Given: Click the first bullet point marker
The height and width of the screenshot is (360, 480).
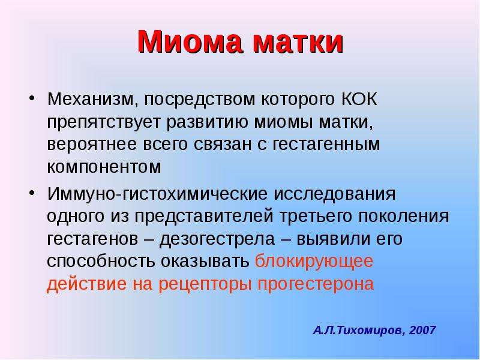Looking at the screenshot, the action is click(32, 98).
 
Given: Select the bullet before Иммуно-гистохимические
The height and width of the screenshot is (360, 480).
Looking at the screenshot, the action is click(32, 193).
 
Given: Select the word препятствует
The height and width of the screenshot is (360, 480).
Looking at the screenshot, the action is click(104, 122).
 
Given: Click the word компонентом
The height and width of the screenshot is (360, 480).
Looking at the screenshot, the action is click(104, 167).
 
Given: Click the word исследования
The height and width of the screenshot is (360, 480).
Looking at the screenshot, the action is click(334, 194).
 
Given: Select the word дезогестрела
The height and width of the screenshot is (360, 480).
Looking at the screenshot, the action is click(217, 239).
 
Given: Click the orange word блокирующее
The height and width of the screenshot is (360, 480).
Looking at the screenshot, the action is click(314, 262).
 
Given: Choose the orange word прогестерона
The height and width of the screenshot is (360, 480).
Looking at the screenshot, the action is click(316, 284).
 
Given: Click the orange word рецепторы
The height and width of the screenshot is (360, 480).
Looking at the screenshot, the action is click(205, 284).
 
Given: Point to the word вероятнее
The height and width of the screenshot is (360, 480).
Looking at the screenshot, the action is click(92, 145).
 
